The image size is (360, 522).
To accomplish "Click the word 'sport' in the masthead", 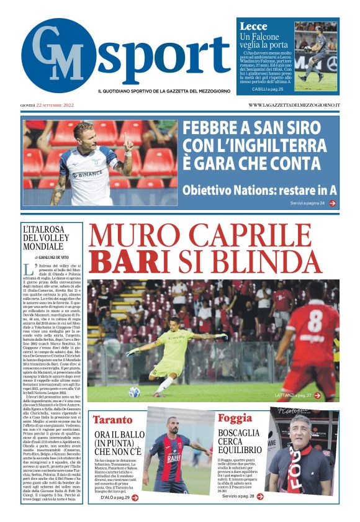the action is [x=163, y=55].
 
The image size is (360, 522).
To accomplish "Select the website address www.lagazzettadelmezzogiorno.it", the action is [x=294, y=105].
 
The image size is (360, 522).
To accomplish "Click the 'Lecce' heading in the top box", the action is [x=253, y=26].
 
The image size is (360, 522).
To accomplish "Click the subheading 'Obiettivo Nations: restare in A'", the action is [x=259, y=190].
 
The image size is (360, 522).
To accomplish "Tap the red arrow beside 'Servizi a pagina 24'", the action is [x=333, y=203].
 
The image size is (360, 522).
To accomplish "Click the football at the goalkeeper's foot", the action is [x=134, y=392].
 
